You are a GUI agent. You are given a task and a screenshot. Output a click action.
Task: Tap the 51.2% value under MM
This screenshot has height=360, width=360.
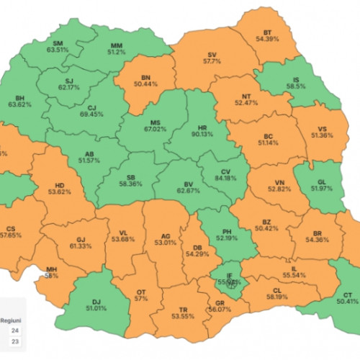(x=116, y=52)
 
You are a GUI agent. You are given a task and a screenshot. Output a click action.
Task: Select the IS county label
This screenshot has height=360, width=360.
(x=311, y=77)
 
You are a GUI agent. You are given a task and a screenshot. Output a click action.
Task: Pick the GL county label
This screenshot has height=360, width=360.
(x=325, y=181)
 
